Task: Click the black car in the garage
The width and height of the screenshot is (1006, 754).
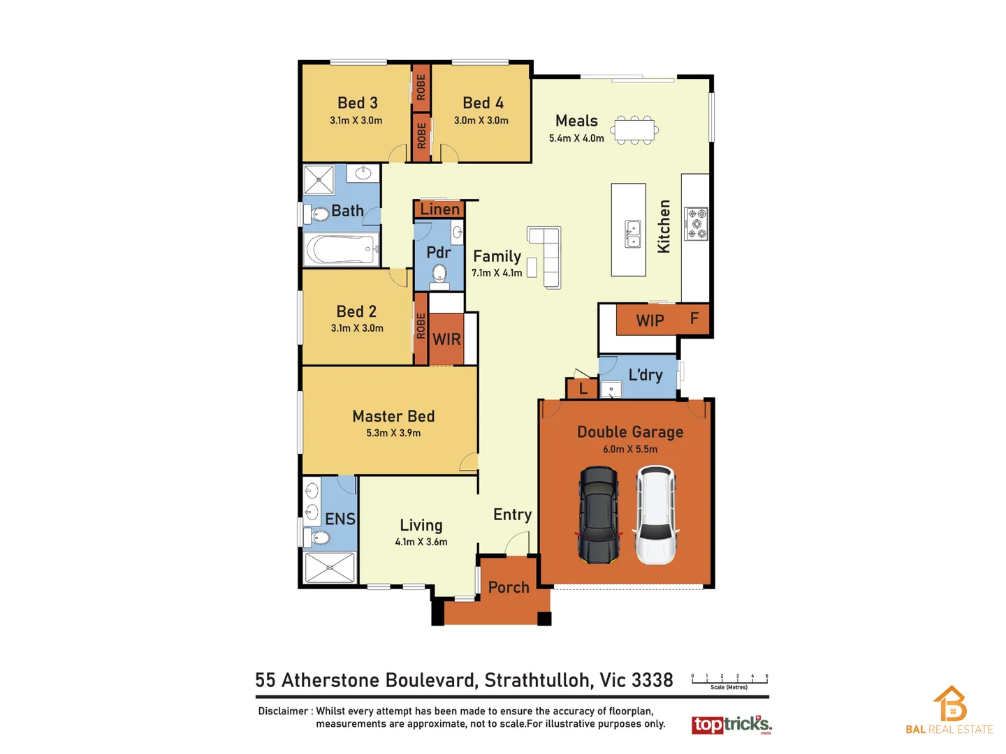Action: tap(599, 515)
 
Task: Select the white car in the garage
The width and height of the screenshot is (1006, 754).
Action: tap(655, 515)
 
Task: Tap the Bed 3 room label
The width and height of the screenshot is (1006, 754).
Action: tap(357, 103)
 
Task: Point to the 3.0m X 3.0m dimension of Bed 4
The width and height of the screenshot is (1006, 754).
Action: tap(481, 121)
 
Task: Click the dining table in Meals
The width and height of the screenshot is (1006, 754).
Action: tap(635, 130)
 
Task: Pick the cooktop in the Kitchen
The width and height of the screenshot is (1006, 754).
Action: tap(697, 224)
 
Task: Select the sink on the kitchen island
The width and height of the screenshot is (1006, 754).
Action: tap(633, 234)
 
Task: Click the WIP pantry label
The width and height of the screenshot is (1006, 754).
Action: tap(650, 320)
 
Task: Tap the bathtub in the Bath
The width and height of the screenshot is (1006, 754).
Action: tap(341, 249)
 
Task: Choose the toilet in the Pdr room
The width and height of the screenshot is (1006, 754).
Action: tap(439, 274)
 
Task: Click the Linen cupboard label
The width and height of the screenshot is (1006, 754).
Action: tap(439, 209)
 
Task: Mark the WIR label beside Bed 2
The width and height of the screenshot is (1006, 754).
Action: tap(446, 339)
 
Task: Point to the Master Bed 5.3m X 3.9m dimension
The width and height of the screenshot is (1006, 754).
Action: tap(393, 434)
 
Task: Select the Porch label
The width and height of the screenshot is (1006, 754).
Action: tap(509, 588)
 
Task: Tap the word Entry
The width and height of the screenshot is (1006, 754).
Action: tap(512, 515)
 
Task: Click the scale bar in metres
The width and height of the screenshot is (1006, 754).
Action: tap(729, 679)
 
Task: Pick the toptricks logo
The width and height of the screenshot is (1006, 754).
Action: tap(731, 725)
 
